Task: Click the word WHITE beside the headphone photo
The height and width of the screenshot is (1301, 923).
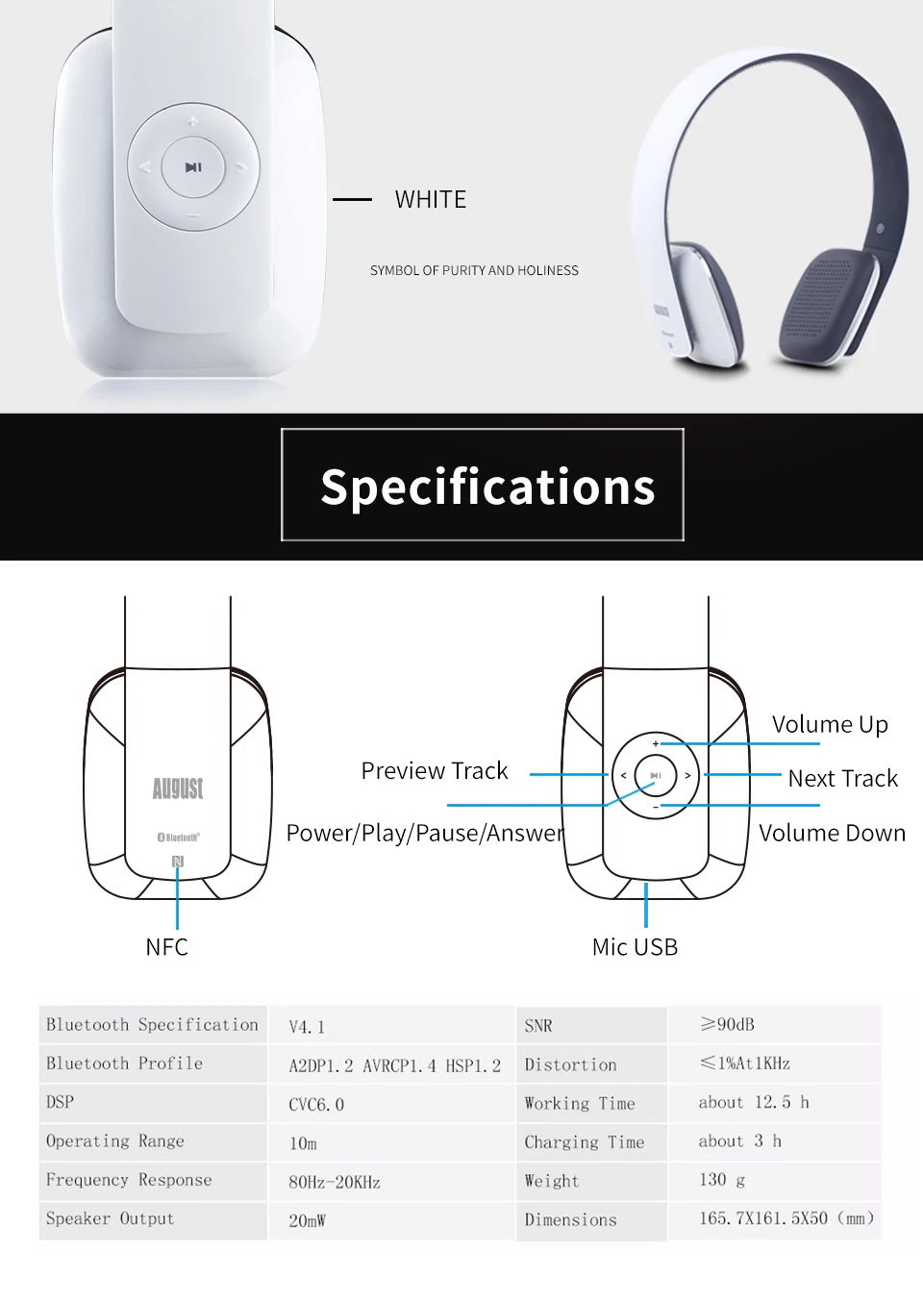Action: pyautogui.click(x=430, y=200)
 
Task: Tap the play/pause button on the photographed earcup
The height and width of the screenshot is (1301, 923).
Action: pyautogui.click(x=193, y=167)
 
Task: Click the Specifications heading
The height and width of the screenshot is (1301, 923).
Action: pyautogui.click(x=487, y=487)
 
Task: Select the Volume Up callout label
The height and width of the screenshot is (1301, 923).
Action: pyautogui.click(x=830, y=724)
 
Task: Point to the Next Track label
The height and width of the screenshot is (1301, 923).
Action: pyautogui.click(x=842, y=778)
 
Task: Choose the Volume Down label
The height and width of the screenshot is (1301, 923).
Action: pyautogui.click(x=832, y=833)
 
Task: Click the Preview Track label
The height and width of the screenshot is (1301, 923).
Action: pyautogui.click(x=434, y=770)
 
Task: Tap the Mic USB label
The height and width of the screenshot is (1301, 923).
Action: pyautogui.click(x=635, y=947)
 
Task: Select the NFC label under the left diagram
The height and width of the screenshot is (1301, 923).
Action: pyautogui.click(x=166, y=947)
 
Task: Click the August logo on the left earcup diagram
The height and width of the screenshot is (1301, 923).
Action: pyautogui.click(x=178, y=788)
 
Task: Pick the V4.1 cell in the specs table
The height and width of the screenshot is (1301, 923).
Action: pyautogui.click(x=307, y=1027)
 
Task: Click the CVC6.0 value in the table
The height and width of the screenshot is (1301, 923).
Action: pyautogui.click(x=316, y=1105)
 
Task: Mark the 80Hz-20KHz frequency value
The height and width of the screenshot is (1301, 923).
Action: pyautogui.click(x=335, y=1182)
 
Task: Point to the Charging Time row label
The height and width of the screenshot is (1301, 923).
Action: pyautogui.click(x=584, y=1142)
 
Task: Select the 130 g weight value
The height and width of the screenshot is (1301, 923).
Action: pyautogui.click(x=722, y=1180)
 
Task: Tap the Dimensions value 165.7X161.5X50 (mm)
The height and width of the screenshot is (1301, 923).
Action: pyautogui.click(x=786, y=1218)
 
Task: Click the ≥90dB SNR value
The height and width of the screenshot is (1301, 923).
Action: pyautogui.click(x=728, y=1025)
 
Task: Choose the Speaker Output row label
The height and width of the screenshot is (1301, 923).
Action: pyautogui.click(x=111, y=1218)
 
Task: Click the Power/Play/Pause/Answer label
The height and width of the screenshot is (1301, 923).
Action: pyautogui.click(x=425, y=833)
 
